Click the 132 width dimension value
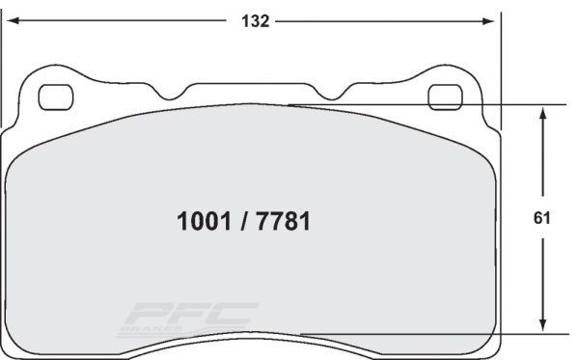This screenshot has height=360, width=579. pos(254,19)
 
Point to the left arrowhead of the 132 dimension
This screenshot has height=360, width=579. pos(9,19)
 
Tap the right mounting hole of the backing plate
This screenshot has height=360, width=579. pos(447,97)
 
